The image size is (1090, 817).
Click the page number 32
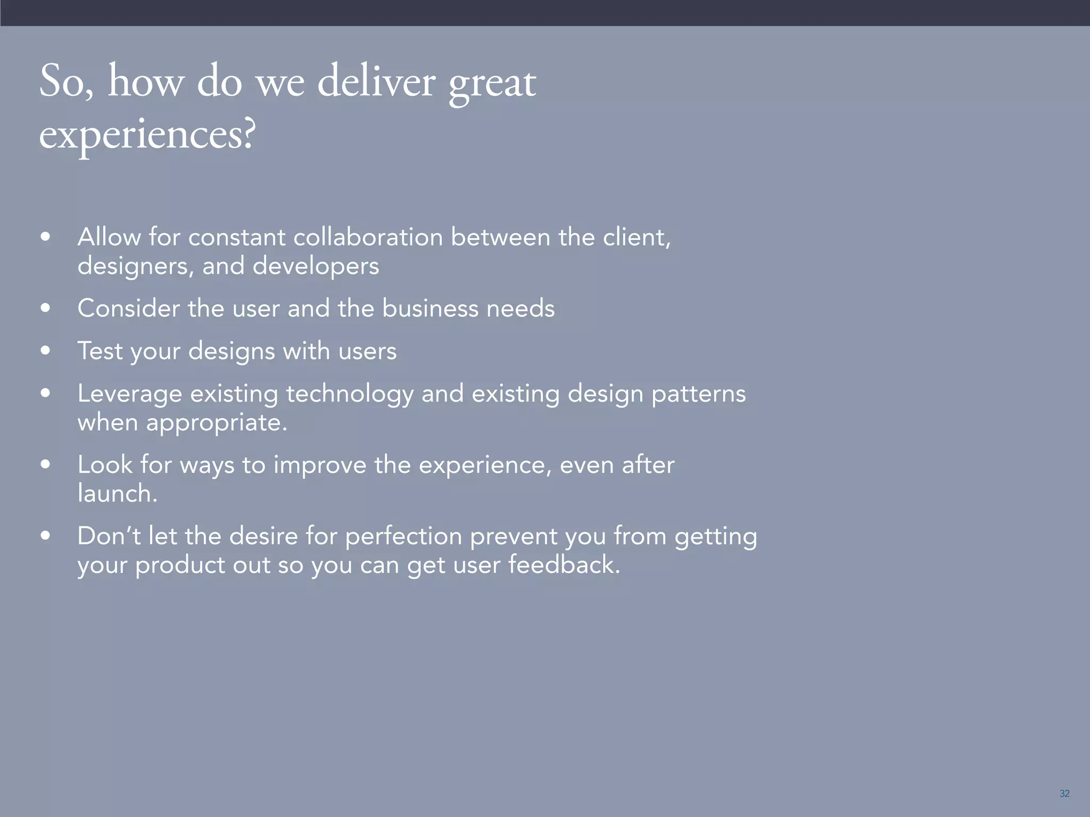pos(1064,794)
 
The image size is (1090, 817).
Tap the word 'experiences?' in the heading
pos(147,135)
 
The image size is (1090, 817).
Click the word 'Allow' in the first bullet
pos(109,237)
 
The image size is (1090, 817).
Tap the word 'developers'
pos(316,266)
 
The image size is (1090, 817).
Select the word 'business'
pos(430,309)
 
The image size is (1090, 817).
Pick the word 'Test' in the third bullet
pos(100,351)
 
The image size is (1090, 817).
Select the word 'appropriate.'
pos(217,423)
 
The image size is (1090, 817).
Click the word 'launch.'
pos(117,494)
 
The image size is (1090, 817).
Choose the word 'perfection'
pos(403,537)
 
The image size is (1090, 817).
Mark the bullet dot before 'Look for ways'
pos(45,464)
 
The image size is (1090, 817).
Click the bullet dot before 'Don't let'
pos(45,536)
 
